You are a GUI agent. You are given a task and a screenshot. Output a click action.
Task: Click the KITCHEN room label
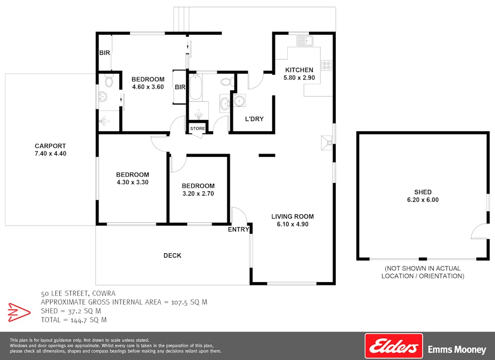tap(299, 70)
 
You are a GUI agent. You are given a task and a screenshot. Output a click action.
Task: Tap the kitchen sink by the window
tap(305, 41)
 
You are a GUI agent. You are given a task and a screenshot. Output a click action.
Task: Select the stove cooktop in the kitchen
tap(326, 66)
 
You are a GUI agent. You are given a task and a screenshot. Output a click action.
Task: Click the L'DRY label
tap(254, 119)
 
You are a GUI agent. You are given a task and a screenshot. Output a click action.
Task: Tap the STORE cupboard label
tap(197, 128)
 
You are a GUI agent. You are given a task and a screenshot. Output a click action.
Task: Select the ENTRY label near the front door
tap(238, 229)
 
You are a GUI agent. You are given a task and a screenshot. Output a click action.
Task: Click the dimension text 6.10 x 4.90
tap(293, 225)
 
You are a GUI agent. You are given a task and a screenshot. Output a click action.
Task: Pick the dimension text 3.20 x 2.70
tap(198, 194)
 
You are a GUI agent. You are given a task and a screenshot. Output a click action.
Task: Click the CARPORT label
tap(50, 146)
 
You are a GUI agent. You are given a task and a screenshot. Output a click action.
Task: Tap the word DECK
tap(172, 255)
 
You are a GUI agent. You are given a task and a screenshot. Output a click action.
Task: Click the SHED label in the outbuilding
tap(423, 192)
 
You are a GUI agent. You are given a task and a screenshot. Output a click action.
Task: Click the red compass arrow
tap(19, 311)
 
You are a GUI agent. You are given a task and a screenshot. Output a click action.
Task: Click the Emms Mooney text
tap(457, 350)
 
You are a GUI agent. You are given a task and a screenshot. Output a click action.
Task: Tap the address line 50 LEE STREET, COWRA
tap(78, 293)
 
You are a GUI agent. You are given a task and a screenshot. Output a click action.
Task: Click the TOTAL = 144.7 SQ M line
tap(74, 320)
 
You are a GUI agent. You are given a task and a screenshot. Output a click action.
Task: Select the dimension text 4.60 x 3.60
tap(148, 87)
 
